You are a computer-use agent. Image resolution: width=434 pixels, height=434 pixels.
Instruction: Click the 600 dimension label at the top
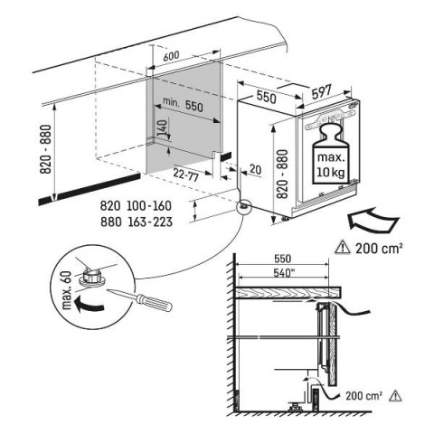[171, 56]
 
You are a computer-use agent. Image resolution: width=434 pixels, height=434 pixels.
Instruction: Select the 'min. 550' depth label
[183, 104]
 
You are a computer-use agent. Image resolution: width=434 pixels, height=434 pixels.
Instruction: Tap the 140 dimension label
[162, 128]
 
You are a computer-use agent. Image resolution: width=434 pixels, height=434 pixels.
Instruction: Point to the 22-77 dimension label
[185, 175]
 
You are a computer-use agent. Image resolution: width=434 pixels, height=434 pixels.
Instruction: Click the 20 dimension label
[255, 170]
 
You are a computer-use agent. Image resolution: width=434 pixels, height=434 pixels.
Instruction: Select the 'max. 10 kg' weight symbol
[330, 153]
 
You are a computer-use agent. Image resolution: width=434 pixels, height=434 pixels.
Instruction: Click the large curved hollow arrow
[373, 221]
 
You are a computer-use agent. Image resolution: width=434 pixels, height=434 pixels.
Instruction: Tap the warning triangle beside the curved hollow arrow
[343, 248]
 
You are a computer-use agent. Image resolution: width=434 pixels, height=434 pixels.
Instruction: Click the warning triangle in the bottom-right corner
[395, 396]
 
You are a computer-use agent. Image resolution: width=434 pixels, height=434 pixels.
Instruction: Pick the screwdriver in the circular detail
[140, 299]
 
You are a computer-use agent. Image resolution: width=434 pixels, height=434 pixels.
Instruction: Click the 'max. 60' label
[67, 291]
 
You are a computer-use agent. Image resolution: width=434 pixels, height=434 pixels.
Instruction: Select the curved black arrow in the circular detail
[89, 304]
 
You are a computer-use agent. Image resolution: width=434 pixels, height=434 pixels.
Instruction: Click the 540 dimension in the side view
[284, 273]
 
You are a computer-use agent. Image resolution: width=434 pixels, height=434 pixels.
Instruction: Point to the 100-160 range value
[149, 206]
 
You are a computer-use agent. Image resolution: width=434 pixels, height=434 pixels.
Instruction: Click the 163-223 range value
[150, 222]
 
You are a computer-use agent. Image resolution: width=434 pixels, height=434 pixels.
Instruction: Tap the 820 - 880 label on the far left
[46, 149]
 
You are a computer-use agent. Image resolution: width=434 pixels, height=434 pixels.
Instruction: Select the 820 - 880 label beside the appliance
[282, 174]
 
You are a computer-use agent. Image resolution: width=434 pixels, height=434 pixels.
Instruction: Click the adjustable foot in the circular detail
[91, 276]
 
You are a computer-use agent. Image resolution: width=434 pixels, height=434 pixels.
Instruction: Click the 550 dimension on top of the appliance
[266, 97]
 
